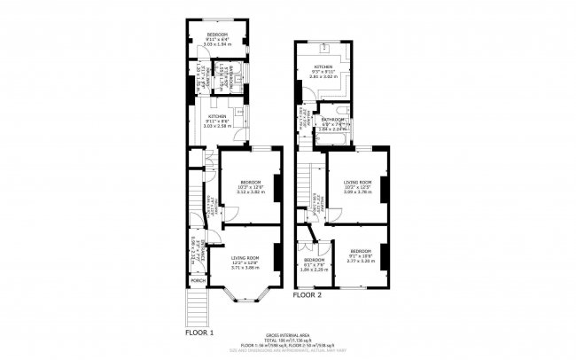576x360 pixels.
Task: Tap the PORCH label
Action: (198, 281)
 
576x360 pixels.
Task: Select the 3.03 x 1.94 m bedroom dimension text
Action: (217, 44)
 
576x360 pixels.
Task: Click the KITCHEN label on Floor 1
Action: (217, 116)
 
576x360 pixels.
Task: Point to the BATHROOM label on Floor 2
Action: (333, 119)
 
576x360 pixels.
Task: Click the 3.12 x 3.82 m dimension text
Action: (251, 192)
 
